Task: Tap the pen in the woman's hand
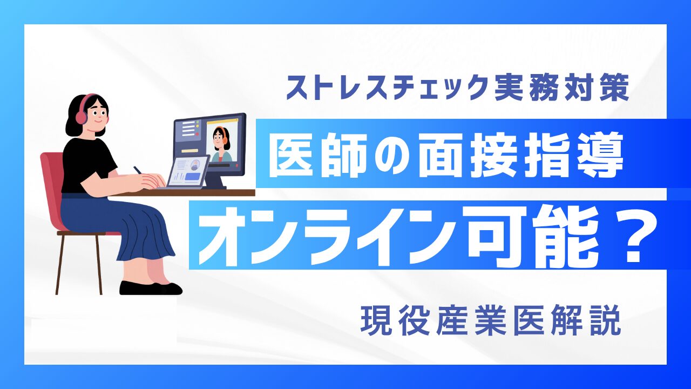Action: click(138, 170)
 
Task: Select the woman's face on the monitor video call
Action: click(219, 138)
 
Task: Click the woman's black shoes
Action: click(151, 288)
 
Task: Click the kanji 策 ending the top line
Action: click(614, 88)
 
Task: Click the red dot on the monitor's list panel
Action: click(196, 134)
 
